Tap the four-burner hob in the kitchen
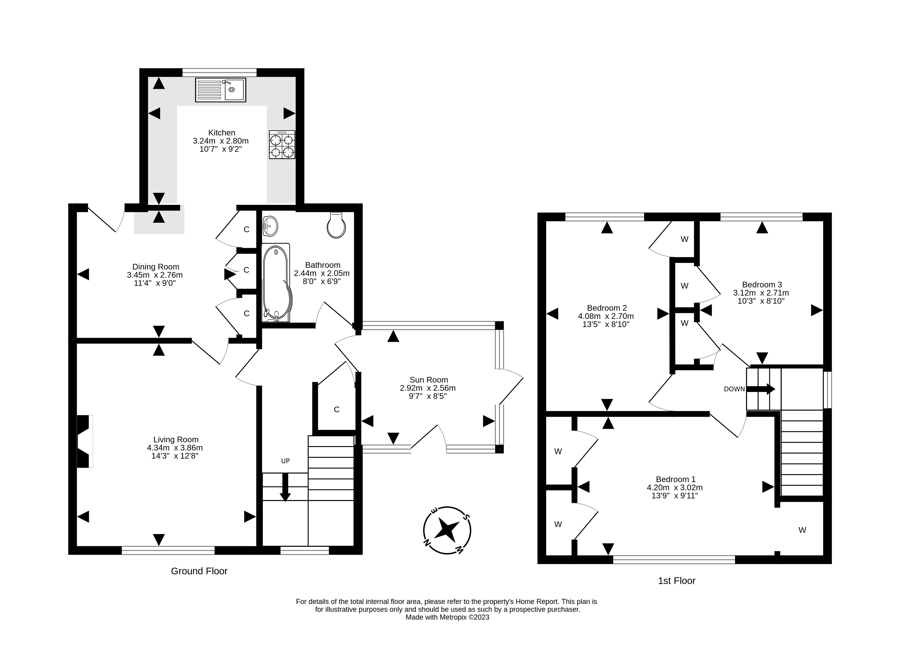pos(282,145)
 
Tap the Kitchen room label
pos(222,132)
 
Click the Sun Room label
pos(429,380)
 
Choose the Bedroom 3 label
pos(762,284)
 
